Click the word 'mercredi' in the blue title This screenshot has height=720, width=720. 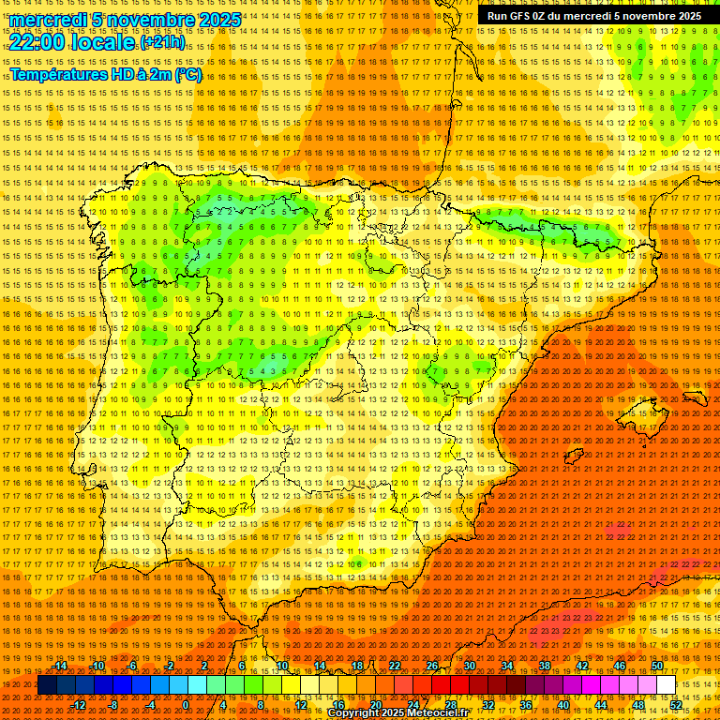tap(49, 20)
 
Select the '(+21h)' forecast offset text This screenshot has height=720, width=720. tap(161, 43)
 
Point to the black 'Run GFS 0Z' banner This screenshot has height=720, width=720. tap(593, 16)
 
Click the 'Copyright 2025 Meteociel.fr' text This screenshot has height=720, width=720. tap(411, 713)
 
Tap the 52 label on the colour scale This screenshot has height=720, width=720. tap(676, 705)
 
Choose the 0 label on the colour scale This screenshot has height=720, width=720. tap(186, 705)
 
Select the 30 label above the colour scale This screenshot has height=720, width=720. tap(469, 666)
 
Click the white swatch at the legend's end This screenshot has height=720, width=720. tap(667, 685)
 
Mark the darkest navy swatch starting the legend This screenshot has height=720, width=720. tap(47, 685)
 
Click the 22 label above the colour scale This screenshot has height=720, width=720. tap(394, 666)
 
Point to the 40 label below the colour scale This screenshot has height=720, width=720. tap(562, 705)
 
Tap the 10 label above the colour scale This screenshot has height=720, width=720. tap(281, 666)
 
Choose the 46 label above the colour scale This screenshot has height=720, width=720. tap(619, 666)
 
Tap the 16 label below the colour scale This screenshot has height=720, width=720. tap(337, 705)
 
